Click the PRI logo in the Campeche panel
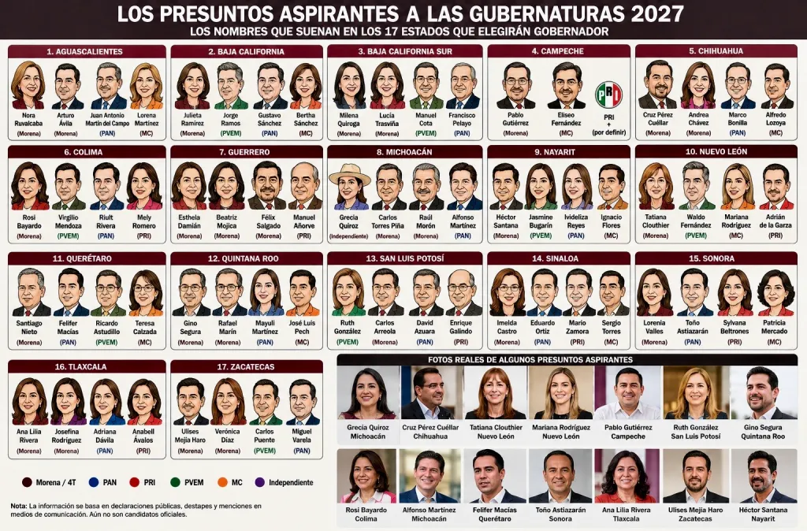tap(609, 95)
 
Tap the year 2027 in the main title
tap(657, 13)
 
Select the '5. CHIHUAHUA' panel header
tap(716, 51)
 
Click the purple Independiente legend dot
tap(260, 482)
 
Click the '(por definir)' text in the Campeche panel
tap(609, 132)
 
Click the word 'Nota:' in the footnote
tap(19, 506)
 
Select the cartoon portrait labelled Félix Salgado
tap(268, 185)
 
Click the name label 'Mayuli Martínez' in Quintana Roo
tap(265, 327)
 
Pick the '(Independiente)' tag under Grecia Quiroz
tap(348, 236)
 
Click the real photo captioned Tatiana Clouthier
tap(496, 392)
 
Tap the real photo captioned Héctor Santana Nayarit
tap(763, 476)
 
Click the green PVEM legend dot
tap(175, 482)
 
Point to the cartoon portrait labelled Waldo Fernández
tap(696, 186)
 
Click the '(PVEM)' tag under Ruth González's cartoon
tap(348, 342)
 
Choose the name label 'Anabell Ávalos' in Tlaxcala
tap(143, 436)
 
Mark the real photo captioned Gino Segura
tap(763, 392)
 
